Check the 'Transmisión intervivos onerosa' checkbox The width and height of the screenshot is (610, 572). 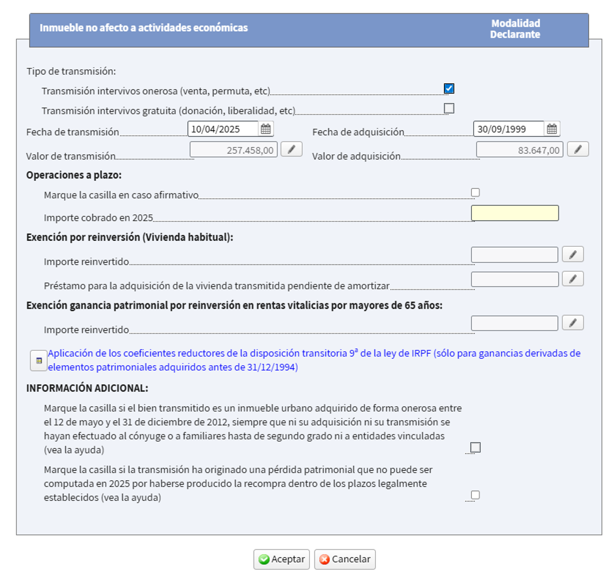click(x=449, y=88)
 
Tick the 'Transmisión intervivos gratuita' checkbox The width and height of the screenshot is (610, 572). click(x=449, y=108)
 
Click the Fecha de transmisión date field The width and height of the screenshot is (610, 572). click(x=223, y=129)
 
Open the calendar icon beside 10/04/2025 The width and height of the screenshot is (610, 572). click(x=266, y=129)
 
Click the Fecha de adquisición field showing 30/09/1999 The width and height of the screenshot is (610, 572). click(x=508, y=129)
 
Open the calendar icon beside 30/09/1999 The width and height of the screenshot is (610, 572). click(x=552, y=129)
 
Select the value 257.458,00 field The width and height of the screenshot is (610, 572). click(x=234, y=150)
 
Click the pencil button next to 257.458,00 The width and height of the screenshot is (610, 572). click(x=291, y=150)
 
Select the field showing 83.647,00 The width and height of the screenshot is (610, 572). click(x=519, y=150)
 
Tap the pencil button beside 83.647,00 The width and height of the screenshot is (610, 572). click(x=578, y=150)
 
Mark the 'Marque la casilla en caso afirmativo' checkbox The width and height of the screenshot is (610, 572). click(x=475, y=192)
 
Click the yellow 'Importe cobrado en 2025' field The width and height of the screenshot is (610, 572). click(x=515, y=213)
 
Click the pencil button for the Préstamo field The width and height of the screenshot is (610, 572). click(x=572, y=279)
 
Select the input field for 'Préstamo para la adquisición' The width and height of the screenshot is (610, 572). click(x=515, y=279)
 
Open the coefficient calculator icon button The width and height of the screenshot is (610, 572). click(x=39, y=361)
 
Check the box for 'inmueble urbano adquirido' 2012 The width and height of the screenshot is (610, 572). click(x=475, y=447)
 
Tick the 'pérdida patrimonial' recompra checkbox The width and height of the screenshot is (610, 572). click(x=475, y=495)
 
